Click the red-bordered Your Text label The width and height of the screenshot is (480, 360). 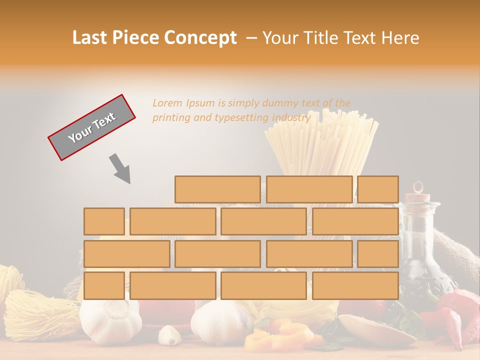pyautogui.click(x=91, y=127)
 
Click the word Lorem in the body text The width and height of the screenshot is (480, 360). pyautogui.click(x=167, y=103)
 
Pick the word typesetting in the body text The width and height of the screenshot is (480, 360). pyautogui.click(x=241, y=118)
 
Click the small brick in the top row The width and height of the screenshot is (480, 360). pyautogui.click(x=378, y=189)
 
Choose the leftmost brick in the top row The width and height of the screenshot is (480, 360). pyautogui.click(x=217, y=189)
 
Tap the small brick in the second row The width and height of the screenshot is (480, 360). pyautogui.click(x=104, y=221)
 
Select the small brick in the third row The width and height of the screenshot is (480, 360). pyautogui.click(x=378, y=254)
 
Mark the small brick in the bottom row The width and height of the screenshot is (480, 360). pyautogui.click(x=104, y=286)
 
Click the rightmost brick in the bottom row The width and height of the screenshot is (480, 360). pyautogui.click(x=355, y=286)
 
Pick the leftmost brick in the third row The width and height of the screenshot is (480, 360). pyautogui.click(x=126, y=254)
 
